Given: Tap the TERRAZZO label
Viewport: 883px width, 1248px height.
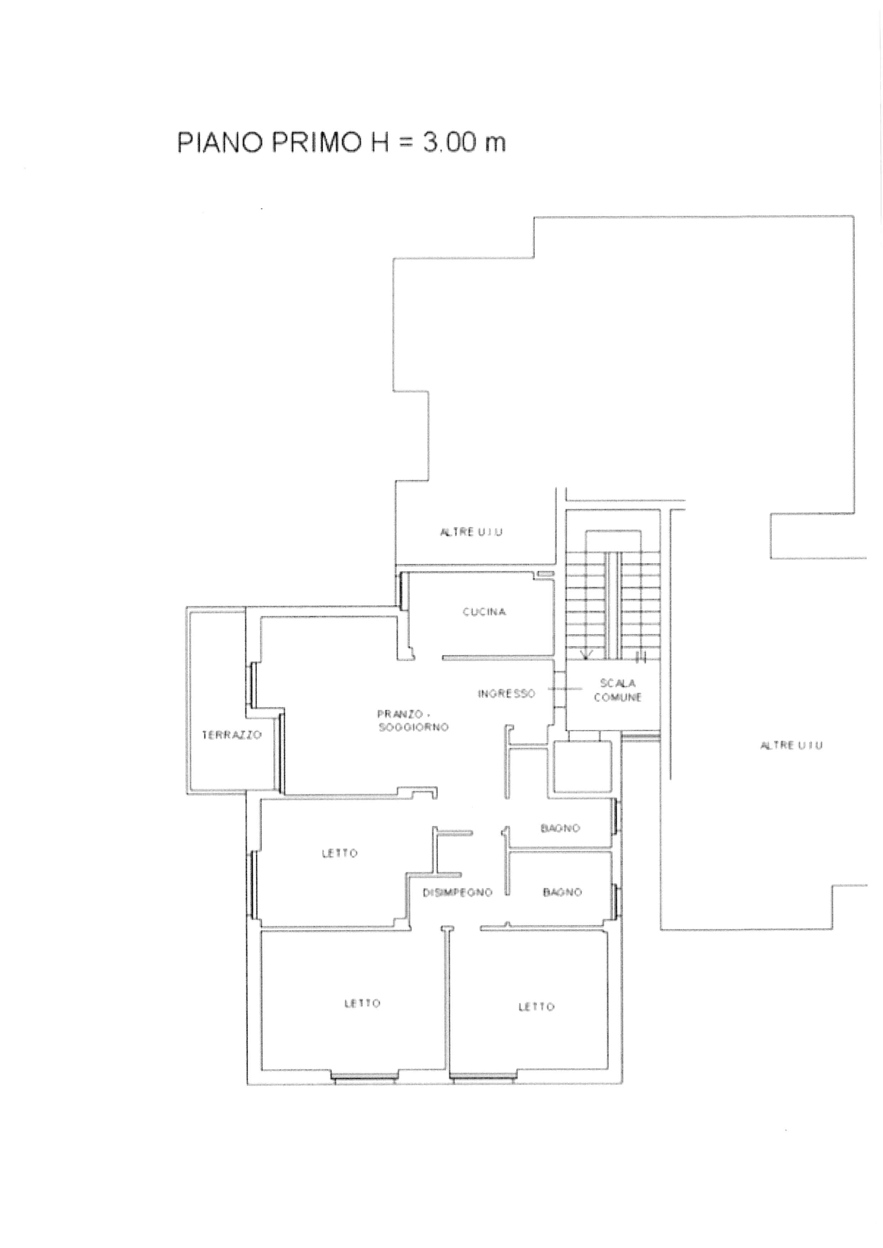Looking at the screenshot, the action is tap(232, 735).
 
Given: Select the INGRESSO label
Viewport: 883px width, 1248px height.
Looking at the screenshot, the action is tap(506, 694).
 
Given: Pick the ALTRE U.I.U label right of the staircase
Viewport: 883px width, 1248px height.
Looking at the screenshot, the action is tap(791, 745).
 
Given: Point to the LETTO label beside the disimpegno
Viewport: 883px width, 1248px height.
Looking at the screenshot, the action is tap(340, 853).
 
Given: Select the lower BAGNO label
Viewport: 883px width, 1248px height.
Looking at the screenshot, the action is tap(562, 892).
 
